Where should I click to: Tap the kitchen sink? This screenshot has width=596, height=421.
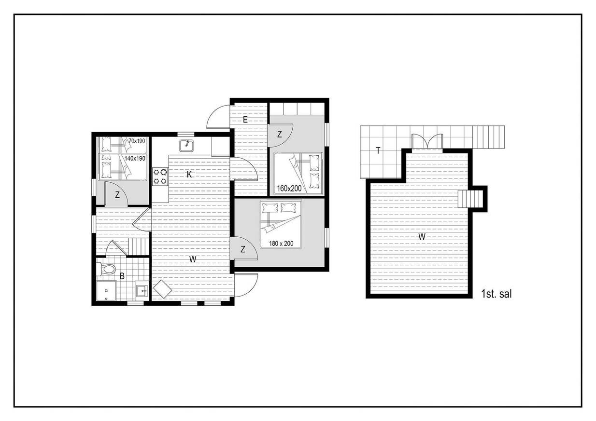click(186, 146)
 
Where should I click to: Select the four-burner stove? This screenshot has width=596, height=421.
click(160, 177)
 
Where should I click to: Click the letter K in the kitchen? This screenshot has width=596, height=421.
click(189, 175)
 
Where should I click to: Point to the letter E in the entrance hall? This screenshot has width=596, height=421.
click(245, 120)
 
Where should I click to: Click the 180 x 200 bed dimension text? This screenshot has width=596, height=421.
click(281, 244)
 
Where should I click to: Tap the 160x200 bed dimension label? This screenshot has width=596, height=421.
click(289, 189)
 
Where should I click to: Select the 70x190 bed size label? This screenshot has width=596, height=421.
click(137, 141)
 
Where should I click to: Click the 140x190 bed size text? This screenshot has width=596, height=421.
click(135, 159)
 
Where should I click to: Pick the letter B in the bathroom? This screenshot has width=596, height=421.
click(122, 276)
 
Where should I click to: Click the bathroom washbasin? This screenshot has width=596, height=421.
click(142, 291)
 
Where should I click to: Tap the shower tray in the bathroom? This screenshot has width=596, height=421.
click(106, 291)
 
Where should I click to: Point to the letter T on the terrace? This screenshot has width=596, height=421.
click(378, 150)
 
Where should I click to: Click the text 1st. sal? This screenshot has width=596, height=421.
click(497, 294)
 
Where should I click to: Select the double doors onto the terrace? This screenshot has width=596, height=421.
click(427, 141)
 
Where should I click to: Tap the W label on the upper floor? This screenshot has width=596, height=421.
click(422, 236)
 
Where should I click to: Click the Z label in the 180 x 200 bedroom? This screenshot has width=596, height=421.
click(242, 249)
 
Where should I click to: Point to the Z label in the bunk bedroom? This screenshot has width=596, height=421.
click(117, 195)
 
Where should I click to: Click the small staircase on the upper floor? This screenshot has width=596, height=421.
click(470, 199)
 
